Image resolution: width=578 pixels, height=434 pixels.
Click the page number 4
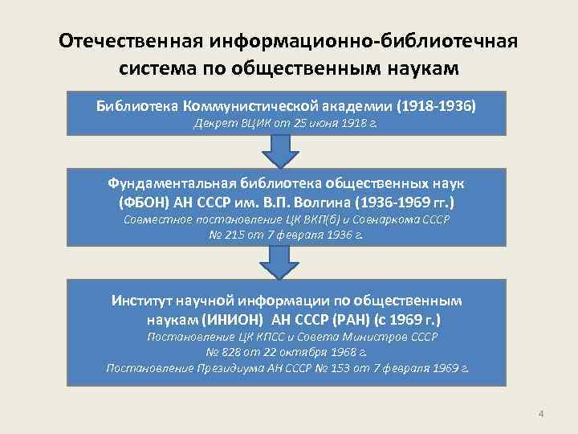[541, 414]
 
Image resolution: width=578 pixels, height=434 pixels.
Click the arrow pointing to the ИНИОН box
[279, 260]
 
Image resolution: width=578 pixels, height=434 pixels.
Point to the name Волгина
[340, 201]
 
